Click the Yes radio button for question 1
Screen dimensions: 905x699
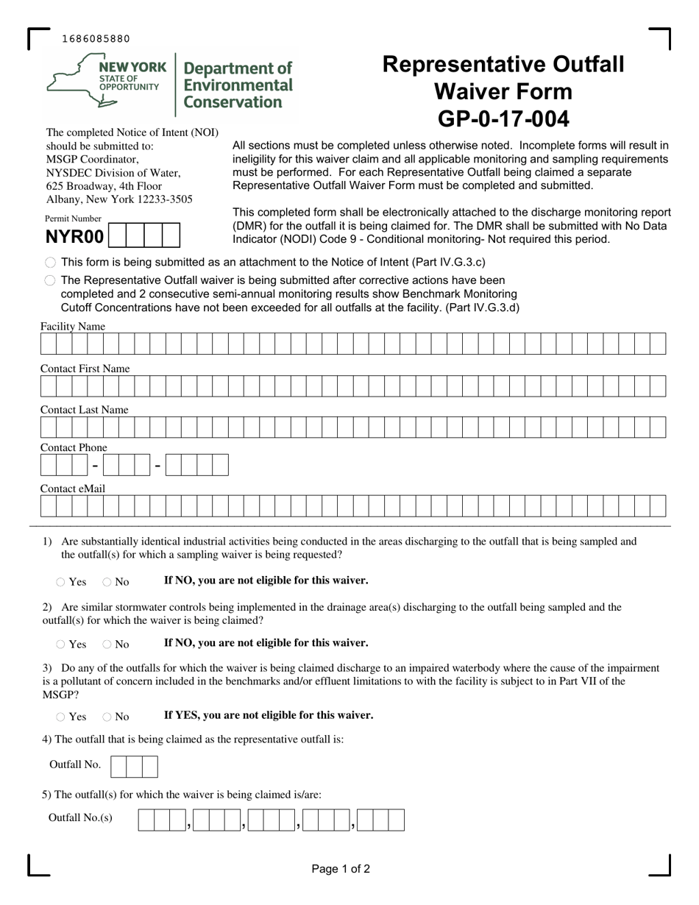(60, 582)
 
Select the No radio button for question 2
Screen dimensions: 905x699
(107, 645)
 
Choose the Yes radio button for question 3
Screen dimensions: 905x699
(60, 717)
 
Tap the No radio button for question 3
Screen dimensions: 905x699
(107, 717)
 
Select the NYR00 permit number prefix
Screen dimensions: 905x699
(75, 237)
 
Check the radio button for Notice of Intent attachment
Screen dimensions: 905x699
(50, 263)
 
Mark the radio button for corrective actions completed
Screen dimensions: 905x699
(50, 280)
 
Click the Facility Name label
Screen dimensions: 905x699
(73, 327)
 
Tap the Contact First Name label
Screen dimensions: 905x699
(85, 369)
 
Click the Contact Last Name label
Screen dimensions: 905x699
(84, 410)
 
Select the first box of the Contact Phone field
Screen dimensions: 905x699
(49, 465)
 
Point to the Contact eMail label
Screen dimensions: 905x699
(73, 489)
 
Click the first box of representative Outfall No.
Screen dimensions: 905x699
(118, 767)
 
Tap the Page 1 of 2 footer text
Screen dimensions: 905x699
(341, 869)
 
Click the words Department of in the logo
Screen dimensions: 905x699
(237, 68)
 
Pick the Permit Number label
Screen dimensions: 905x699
(73, 219)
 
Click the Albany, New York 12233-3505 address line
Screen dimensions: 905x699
(119, 199)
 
